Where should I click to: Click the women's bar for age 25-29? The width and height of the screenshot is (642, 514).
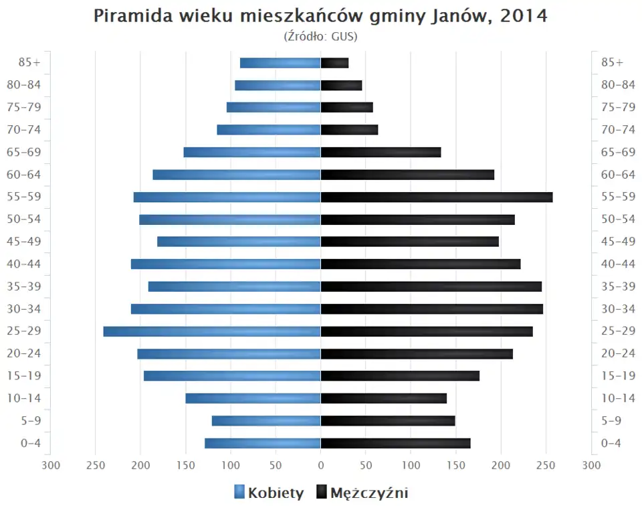pos(212,331)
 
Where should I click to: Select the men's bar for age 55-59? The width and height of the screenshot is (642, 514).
pos(437,197)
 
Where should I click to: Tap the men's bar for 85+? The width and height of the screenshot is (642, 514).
pos(334,63)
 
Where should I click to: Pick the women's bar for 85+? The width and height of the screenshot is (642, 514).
pos(280,63)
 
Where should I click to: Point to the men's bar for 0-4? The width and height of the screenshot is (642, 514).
pos(395,443)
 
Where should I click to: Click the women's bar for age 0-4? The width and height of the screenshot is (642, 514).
pos(263,443)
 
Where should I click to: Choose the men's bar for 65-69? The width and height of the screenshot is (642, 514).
pos(381,152)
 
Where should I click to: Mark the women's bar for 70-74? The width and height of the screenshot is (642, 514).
pos(269,130)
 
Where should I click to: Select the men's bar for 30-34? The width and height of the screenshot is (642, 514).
pos(432,309)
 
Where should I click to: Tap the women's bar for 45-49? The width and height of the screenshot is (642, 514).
pos(239,242)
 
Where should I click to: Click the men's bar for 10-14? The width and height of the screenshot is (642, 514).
pos(384,398)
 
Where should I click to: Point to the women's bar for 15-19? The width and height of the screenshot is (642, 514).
pos(232,375)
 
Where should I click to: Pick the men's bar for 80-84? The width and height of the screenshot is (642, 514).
pos(341,85)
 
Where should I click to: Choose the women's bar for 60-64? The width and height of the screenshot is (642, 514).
pos(237,175)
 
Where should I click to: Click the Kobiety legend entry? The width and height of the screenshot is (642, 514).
pos(269,493)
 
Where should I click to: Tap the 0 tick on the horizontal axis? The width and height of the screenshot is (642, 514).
pos(321,465)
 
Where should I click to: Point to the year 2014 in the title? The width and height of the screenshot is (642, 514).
pos(522,16)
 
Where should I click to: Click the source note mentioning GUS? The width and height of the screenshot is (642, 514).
pos(321,36)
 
